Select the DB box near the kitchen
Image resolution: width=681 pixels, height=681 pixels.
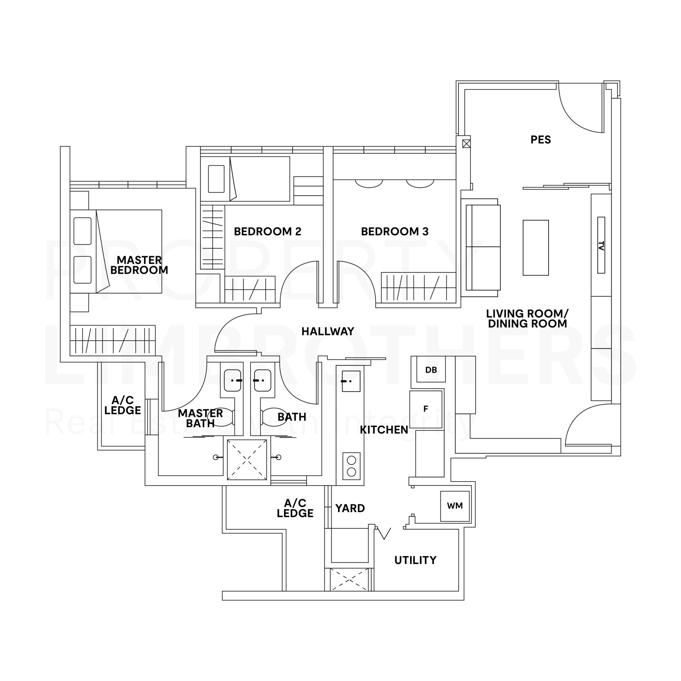431,370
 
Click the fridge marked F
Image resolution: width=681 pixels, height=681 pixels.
425,409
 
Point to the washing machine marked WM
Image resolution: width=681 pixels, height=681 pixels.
455,506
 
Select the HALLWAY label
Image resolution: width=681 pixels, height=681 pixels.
327,331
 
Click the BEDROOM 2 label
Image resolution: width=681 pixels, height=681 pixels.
268,232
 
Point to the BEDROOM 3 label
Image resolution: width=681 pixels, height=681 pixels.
395,232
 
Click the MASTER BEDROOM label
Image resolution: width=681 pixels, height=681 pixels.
139,265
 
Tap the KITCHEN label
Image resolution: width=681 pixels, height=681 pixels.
384,430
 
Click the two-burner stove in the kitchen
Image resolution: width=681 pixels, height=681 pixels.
351,466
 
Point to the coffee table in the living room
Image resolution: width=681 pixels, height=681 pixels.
535,247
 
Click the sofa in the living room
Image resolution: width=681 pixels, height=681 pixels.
483,247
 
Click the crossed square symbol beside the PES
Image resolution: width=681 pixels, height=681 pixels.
466,144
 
